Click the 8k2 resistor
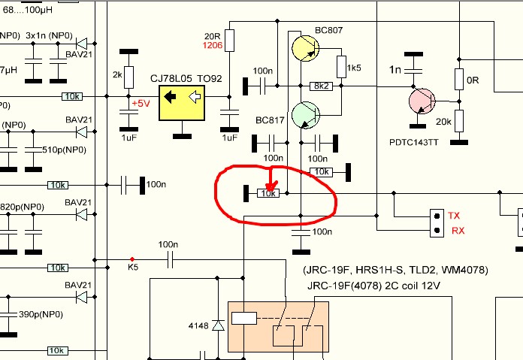point(321,86)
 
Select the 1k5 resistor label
point(354,68)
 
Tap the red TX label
point(454,216)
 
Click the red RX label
point(458,230)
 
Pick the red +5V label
point(141,102)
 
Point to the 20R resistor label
point(212,35)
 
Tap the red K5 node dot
point(132,260)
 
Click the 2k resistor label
point(117,76)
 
